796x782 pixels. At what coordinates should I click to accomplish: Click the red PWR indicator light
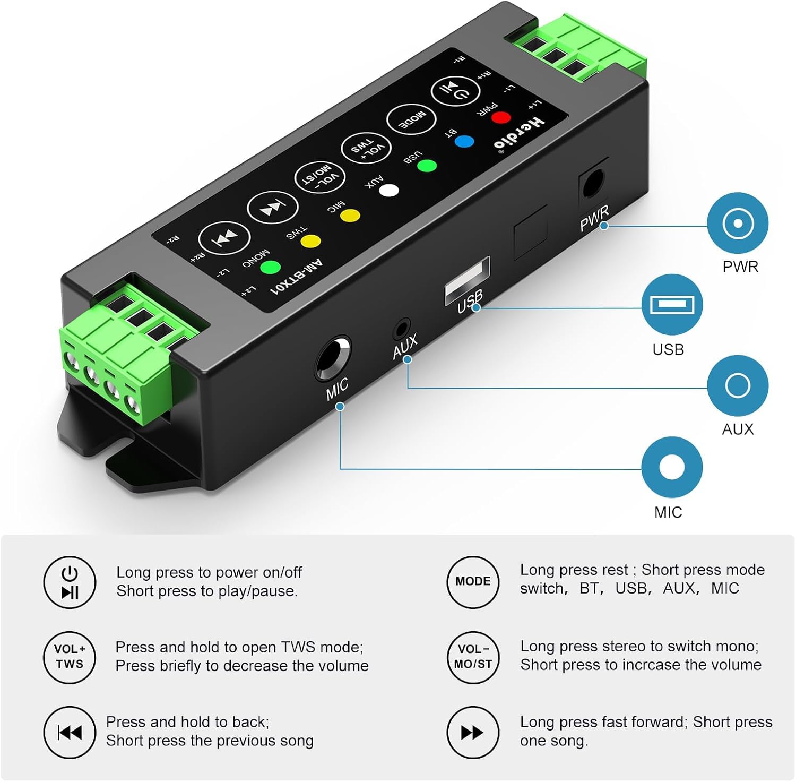pos(500,117)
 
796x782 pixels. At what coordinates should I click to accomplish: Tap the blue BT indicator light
pos(464,142)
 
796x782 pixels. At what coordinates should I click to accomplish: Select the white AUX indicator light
pos(389,190)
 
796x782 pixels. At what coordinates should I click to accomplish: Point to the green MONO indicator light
pos(270,267)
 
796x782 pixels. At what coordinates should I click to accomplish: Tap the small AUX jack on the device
pos(402,329)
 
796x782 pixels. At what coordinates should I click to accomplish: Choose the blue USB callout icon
pos(672,305)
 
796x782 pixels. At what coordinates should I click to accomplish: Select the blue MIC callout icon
pos(672,467)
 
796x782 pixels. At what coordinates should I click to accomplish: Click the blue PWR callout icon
pos(738,223)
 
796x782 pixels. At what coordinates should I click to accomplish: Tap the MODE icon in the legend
pos(473,581)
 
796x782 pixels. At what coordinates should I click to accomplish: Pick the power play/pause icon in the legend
pos(70,582)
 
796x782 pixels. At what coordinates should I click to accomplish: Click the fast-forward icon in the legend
pos(473,733)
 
